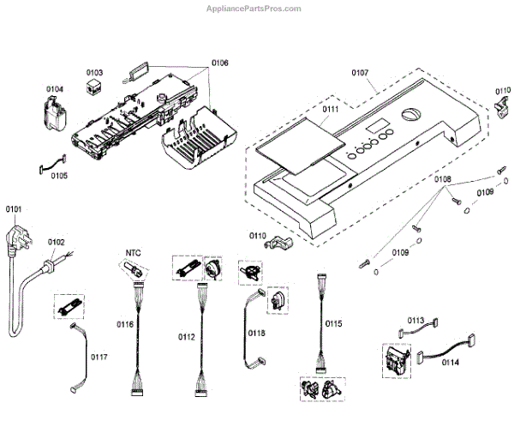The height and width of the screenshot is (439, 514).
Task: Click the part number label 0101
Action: tap(15, 208)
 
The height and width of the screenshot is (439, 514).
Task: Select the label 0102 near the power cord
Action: tap(56, 243)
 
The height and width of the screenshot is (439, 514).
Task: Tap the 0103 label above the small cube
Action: tap(95, 72)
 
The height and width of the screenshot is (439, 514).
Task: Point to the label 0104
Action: tap(55, 88)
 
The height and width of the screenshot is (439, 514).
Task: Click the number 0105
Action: tap(59, 176)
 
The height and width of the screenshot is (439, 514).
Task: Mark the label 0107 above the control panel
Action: tap(361, 72)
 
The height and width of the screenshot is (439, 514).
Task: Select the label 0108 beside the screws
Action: tap(442, 179)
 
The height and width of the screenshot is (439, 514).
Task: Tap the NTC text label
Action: tap(133, 252)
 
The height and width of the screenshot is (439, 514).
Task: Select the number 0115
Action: tap(334, 323)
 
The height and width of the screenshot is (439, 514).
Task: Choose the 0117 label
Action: tap(99, 356)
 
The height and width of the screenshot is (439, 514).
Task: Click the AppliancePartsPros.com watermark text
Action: tap(256, 9)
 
